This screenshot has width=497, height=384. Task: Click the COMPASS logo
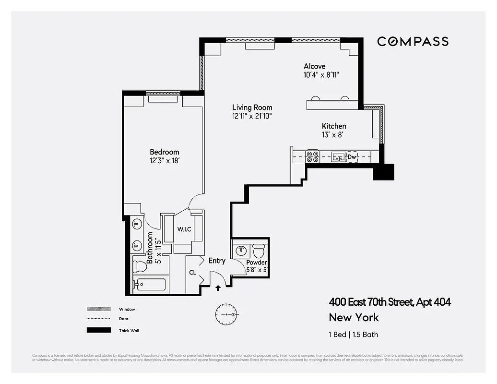(x=413, y=41)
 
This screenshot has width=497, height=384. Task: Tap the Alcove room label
(x=314, y=66)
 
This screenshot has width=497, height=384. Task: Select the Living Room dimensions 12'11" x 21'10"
(x=252, y=116)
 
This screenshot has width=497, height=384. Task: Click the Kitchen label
(x=334, y=126)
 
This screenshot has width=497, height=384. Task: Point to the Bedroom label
(x=164, y=152)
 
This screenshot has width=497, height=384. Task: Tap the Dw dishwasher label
(x=352, y=157)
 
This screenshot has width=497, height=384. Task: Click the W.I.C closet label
(x=184, y=229)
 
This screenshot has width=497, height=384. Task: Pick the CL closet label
(x=193, y=273)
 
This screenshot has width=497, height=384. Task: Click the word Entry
(x=217, y=261)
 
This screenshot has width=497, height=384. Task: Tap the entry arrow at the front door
(x=219, y=288)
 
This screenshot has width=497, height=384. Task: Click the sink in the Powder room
(x=241, y=250)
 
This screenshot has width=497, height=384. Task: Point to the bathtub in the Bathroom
(x=150, y=285)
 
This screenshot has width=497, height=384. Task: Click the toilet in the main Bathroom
(x=141, y=265)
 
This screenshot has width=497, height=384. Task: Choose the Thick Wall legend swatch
(x=95, y=330)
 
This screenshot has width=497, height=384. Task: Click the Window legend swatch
(x=95, y=309)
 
